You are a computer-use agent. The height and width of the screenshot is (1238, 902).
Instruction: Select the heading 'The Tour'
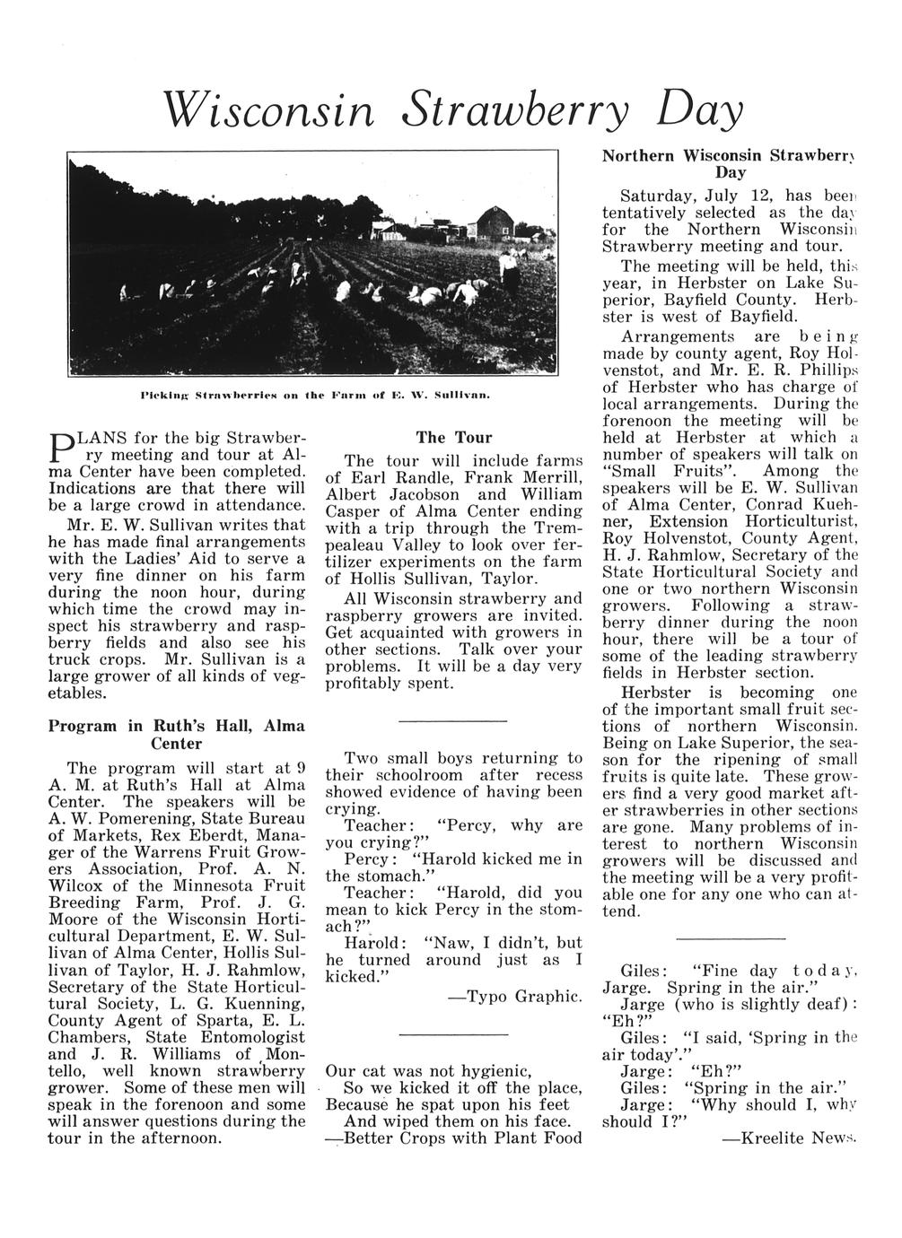click(x=454, y=437)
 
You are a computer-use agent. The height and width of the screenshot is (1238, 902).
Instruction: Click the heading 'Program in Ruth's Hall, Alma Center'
click(x=176, y=735)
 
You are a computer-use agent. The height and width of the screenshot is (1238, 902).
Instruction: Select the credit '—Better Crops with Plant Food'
click(x=453, y=1138)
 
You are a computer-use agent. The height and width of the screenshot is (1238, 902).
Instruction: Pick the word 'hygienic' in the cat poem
click(x=488, y=1071)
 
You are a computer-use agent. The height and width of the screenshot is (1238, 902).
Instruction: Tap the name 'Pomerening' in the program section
click(x=143, y=818)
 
